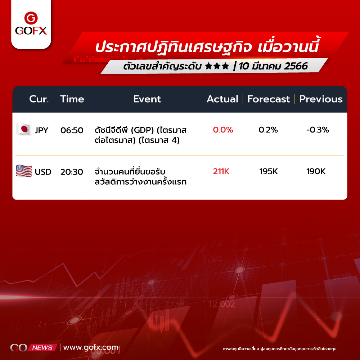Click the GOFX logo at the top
pos(31,23)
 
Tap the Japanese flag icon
pos(24,129)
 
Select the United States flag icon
pos(24,171)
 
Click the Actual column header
pos(222,99)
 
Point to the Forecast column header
pos(269,99)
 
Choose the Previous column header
pos(321,99)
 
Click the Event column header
pos(147,99)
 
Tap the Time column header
pos(72,99)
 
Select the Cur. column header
pos(39,99)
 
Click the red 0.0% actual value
pos(223,130)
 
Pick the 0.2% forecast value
pos(268,130)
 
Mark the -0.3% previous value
pos(318,130)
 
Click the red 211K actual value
pos(221,171)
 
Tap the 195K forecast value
pos(269,171)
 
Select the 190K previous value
pos(316,171)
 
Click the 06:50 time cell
pos(72,130)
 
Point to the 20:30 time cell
pos(72,172)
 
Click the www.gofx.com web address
pos(91,348)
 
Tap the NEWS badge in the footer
pos(42,348)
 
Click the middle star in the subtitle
pos(217,66)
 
